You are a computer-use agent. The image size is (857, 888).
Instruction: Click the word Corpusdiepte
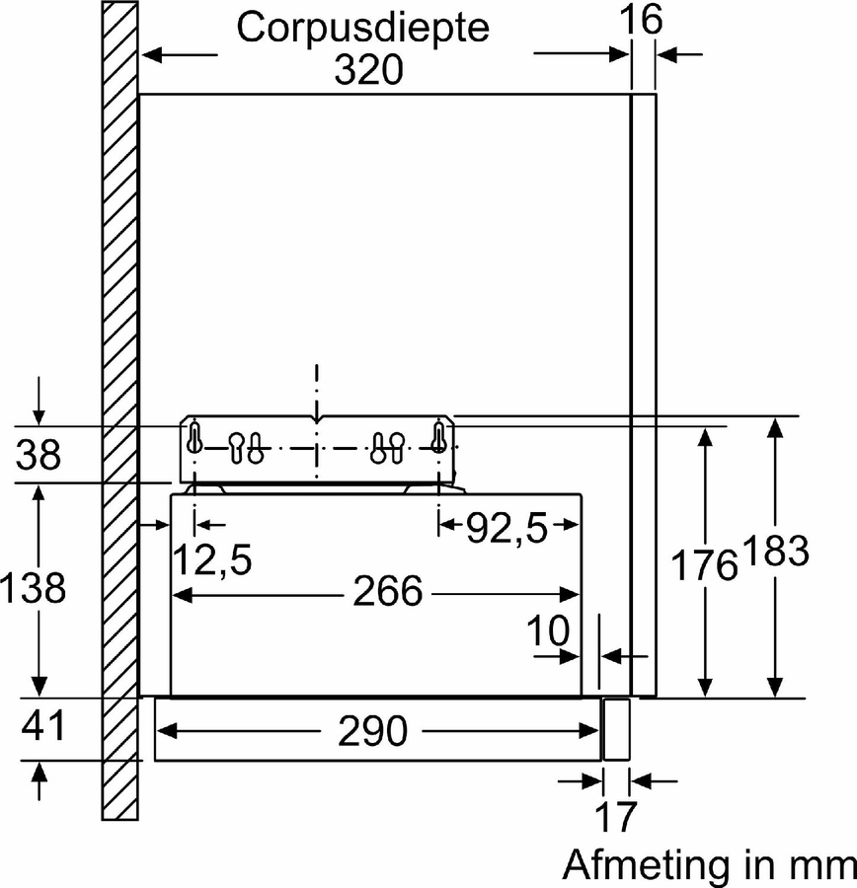tap(362, 28)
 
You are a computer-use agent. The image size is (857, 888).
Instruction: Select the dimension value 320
tap(368, 70)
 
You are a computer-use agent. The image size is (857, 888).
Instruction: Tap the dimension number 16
tap(641, 19)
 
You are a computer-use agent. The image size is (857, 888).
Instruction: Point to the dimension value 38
tap(38, 454)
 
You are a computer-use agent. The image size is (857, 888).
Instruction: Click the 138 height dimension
tap(33, 587)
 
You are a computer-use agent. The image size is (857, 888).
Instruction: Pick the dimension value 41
tap(43, 725)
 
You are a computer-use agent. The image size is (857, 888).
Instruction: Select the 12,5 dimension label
tap(212, 559)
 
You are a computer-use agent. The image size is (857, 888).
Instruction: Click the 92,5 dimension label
tap(507, 528)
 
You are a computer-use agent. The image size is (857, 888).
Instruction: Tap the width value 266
tap(388, 591)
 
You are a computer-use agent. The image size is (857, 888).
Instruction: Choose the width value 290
tap(372, 730)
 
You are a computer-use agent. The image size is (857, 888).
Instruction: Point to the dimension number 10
tap(548, 629)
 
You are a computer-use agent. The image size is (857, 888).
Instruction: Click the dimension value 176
tap(705, 564)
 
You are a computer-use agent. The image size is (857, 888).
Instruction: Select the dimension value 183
tap(776, 550)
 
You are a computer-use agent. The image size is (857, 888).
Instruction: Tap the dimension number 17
tap(616, 816)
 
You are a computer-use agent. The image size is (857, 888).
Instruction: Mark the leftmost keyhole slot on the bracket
tap(194, 437)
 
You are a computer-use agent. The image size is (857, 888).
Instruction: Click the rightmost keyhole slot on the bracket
tap(438, 437)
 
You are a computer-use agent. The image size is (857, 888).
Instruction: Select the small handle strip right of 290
tap(616, 729)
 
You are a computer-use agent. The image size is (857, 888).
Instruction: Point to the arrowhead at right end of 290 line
tap(590, 730)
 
